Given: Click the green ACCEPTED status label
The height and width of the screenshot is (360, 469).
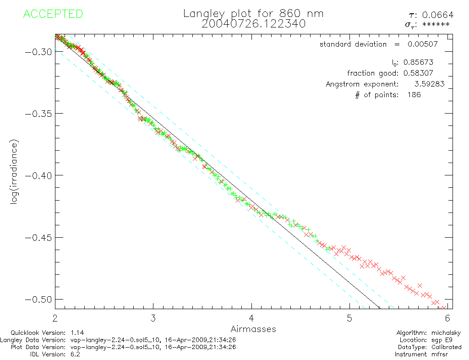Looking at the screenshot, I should pyautogui.click(x=53, y=14).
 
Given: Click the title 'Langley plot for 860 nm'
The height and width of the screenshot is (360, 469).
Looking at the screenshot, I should pyautogui.click(x=253, y=13).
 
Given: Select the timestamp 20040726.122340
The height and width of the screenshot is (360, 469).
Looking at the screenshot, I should pyautogui.click(x=253, y=23).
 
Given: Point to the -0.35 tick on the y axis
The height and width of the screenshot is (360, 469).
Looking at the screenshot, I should pyautogui.click(x=38, y=113).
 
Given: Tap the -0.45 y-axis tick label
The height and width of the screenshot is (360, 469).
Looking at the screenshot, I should pyautogui.click(x=38, y=237).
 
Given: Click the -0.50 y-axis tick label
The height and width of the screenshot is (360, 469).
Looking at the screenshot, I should pyautogui.click(x=38, y=300).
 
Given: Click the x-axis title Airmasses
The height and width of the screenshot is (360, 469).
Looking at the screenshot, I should pyautogui.click(x=253, y=329).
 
